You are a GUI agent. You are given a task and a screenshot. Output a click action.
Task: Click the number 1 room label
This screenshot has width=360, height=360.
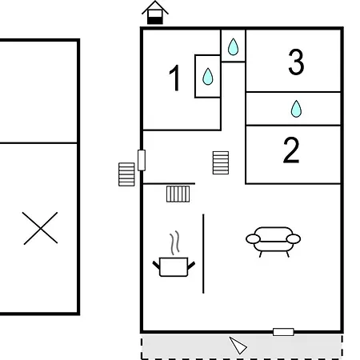[x=174, y=78]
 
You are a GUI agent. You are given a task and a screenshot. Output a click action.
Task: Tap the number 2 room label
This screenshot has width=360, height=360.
[x=291, y=150]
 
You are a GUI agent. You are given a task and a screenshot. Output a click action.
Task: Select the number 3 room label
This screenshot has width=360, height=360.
[x=296, y=62]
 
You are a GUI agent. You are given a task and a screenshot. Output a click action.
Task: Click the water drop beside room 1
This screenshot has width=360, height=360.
[x=208, y=77]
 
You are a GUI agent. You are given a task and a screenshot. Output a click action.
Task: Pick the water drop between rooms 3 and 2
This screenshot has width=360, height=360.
[x=296, y=109]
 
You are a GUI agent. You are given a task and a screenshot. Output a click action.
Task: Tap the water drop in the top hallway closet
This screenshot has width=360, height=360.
[x=233, y=46]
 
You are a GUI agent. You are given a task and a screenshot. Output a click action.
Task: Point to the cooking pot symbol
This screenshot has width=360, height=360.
[x=174, y=266]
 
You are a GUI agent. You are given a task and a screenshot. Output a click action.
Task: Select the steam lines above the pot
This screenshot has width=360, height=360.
[x=174, y=242]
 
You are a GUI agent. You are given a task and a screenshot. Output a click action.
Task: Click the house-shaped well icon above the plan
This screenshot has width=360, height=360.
[x=155, y=13]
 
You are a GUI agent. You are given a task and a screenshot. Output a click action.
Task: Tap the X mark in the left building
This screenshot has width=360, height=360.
[x=40, y=228]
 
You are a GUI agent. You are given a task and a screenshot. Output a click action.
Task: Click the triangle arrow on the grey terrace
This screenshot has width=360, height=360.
[x=238, y=346]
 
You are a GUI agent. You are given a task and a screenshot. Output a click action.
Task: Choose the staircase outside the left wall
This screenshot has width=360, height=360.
[x=126, y=174]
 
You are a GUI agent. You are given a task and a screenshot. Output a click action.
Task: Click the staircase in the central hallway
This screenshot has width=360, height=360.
[x=221, y=163]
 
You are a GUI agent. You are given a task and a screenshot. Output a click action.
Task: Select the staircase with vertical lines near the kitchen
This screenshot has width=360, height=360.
[x=178, y=194]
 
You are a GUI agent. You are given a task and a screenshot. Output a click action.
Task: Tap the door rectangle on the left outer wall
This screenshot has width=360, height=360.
[x=142, y=160]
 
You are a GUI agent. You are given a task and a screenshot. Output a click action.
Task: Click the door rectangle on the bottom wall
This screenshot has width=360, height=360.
[x=283, y=332]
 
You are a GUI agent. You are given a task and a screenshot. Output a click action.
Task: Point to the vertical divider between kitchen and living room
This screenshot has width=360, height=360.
[x=203, y=254]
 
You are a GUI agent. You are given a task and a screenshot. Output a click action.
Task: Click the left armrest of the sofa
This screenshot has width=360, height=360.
[x=253, y=239]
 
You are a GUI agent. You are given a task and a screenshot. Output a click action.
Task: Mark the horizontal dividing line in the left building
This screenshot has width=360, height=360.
[x=38, y=143]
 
